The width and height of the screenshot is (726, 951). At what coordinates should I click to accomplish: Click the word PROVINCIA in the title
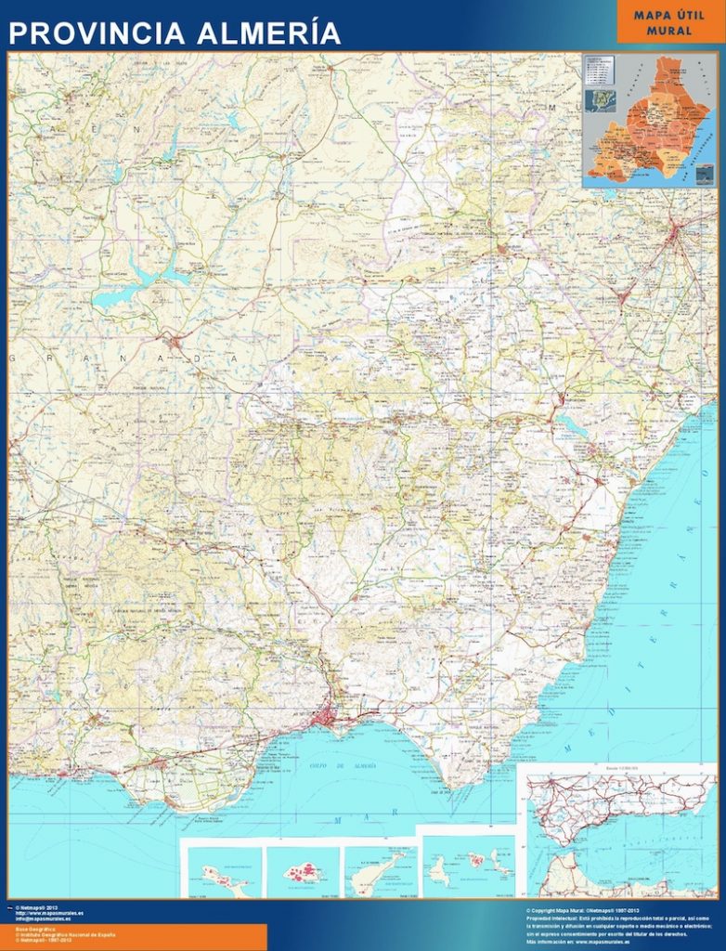[x=97, y=33]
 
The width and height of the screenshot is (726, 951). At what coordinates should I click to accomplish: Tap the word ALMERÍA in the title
[x=268, y=33]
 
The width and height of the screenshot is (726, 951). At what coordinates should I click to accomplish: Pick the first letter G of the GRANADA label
[x=12, y=356]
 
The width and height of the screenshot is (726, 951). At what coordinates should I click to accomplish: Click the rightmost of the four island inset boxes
[x=468, y=866]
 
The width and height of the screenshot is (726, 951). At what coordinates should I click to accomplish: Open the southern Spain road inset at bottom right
[x=617, y=831]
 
